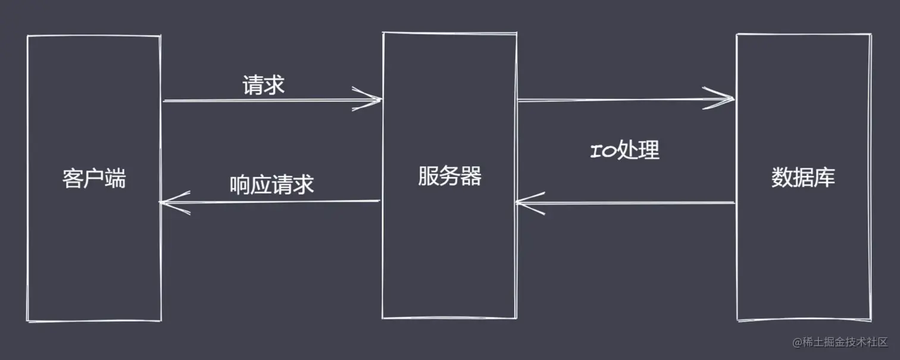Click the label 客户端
tap(94, 178)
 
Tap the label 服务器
tap(449, 176)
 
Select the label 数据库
tap(803, 177)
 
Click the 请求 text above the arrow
tap(264, 86)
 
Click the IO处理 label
tap(624, 151)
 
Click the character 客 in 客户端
tap(73, 178)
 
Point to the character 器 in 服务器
tap(471, 176)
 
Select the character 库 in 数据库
tap(824, 177)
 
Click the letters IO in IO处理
tap(603, 151)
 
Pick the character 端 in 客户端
tap(115, 178)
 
